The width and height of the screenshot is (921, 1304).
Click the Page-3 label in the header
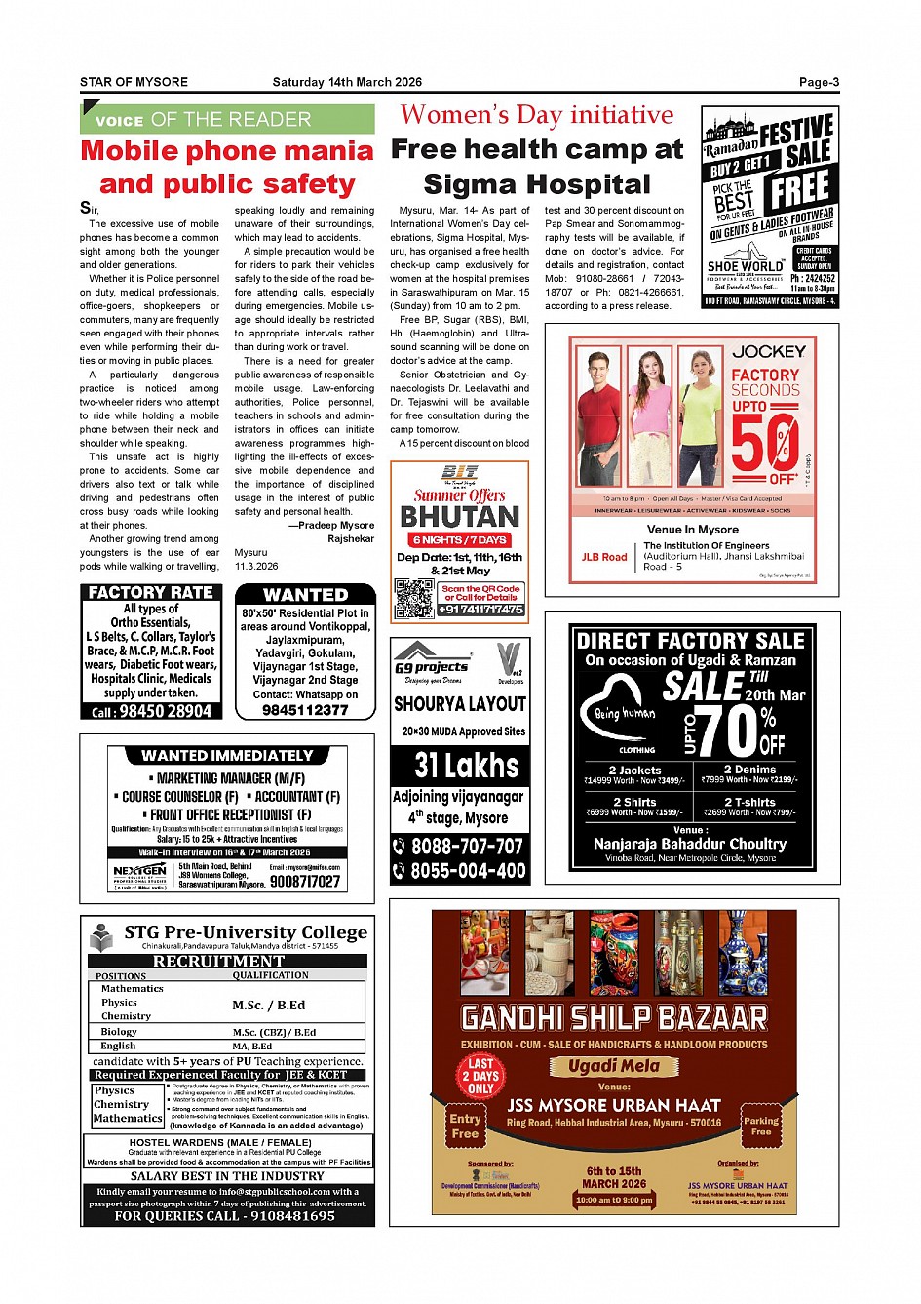[x=819, y=83]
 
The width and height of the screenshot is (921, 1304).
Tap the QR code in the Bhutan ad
[x=414, y=598]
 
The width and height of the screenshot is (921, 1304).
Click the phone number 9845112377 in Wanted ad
[x=305, y=710]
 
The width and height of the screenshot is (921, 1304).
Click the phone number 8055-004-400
[x=468, y=871]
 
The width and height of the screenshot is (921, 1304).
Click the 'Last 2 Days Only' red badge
[x=480, y=1076]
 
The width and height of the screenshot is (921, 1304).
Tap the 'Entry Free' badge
[x=465, y=1126]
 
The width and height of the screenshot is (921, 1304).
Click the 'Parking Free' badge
[x=761, y=1126]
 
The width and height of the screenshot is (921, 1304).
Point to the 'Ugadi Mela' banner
[x=614, y=1066]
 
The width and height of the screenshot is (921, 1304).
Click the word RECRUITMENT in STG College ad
[x=218, y=961]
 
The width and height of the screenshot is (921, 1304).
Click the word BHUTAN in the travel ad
[x=460, y=516]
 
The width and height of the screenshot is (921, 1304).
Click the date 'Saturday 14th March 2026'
[x=347, y=83]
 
